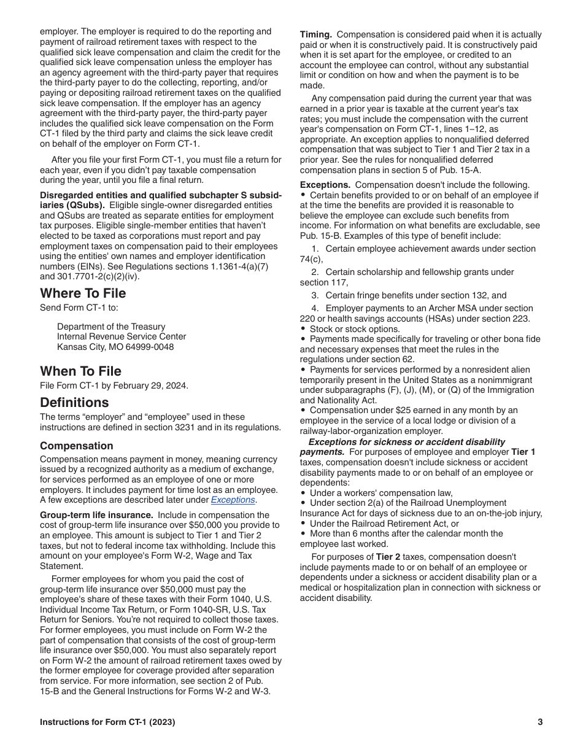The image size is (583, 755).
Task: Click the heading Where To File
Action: click(x=83, y=293)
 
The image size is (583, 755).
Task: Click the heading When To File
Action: click(x=80, y=371)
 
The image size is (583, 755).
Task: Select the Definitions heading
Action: click(x=74, y=403)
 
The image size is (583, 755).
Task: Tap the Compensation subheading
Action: click(x=77, y=446)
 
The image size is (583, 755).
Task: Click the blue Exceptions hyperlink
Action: click(x=233, y=500)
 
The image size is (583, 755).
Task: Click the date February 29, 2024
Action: click(x=150, y=386)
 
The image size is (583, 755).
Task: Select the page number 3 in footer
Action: click(x=540, y=722)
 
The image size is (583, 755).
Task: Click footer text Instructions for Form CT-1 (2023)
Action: click(x=107, y=722)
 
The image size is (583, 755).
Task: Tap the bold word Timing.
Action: click(x=315, y=35)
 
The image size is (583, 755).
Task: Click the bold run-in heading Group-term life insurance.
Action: click(x=96, y=515)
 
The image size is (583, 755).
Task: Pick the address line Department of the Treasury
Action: click(x=111, y=327)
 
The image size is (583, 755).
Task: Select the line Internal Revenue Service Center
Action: click(x=122, y=336)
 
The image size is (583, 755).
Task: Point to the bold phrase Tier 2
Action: click(x=387, y=557)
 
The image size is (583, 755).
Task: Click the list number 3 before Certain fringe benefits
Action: click(x=315, y=295)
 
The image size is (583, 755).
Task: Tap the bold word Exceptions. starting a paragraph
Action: click(x=325, y=185)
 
